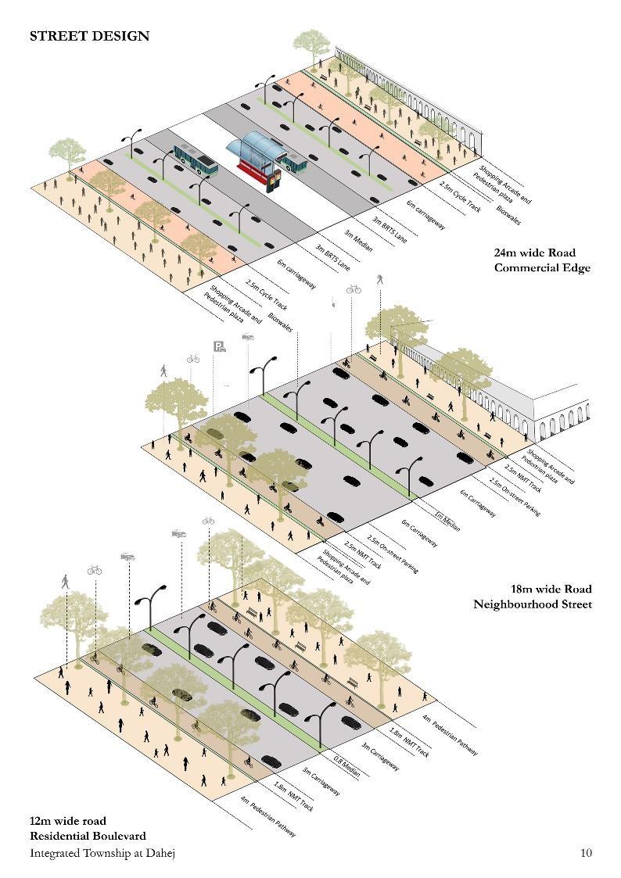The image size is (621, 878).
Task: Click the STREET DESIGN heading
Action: coord(89,36)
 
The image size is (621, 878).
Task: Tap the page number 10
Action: coord(586,852)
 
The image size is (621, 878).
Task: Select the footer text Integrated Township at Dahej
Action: coord(102,853)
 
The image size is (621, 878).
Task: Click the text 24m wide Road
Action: coord(534,253)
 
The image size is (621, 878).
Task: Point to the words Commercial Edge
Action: coord(541,268)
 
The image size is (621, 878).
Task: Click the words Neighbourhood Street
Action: coord(532,604)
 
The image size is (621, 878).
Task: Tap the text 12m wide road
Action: coord(67,821)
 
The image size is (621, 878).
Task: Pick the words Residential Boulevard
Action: coord(88,836)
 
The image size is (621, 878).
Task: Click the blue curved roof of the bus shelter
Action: coord(255,145)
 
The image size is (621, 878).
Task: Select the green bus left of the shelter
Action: coord(194,159)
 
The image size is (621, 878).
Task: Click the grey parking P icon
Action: coord(220,346)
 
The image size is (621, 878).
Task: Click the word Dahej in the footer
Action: coord(159,853)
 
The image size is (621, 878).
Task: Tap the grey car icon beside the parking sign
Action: coord(248,337)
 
